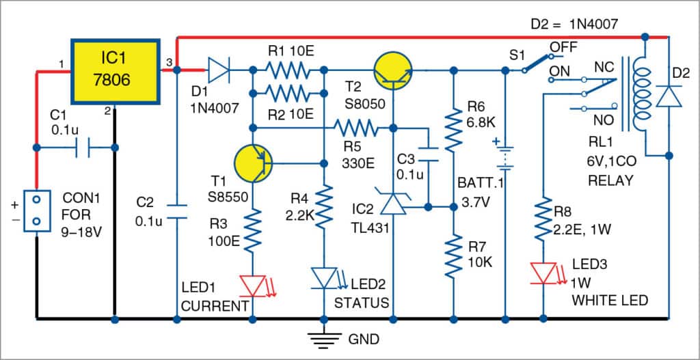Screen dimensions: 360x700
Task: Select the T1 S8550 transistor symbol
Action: point(253,163)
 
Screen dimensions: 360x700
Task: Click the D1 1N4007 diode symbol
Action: point(219,70)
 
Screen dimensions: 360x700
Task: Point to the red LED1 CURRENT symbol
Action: point(254,285)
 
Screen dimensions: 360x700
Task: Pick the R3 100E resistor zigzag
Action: point(254,230)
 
